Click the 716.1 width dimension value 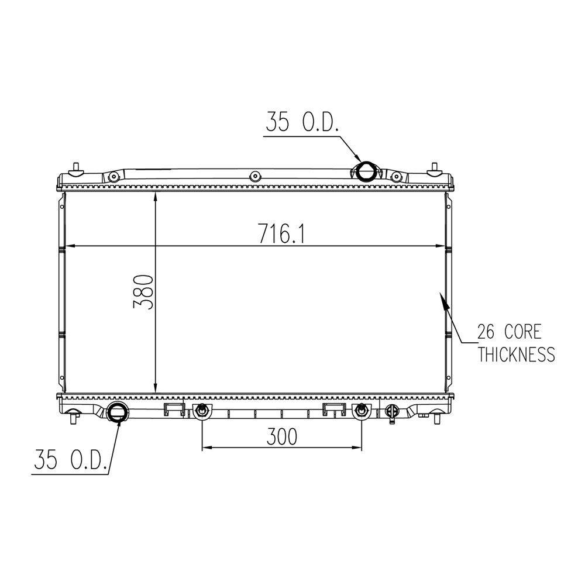click(x=282, y=234)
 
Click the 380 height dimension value click(x=143, y=292)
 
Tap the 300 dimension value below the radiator click(x=282, y=436)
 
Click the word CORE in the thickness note click(x=522, y=332)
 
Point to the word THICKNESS click(x=517, y=354)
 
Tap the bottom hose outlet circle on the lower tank click(x=117, y=412)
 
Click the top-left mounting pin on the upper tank click(x=76, y=168)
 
